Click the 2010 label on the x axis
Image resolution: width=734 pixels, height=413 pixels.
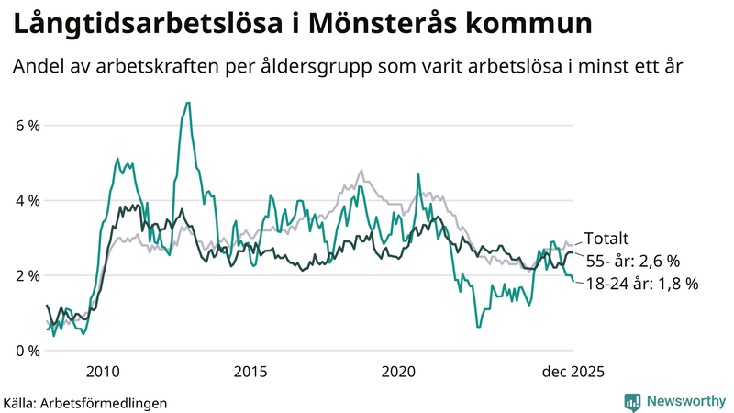(103, 372)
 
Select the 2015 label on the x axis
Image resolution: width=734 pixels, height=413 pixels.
(250, 372)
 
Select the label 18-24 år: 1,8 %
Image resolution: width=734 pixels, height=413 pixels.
(641, 284)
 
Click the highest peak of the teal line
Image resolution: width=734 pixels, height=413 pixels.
(187, 103)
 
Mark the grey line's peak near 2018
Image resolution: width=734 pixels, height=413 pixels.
(361, 171)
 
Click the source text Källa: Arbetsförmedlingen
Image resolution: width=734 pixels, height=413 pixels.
(85, 402)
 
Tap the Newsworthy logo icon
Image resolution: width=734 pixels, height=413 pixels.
(633, 401)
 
